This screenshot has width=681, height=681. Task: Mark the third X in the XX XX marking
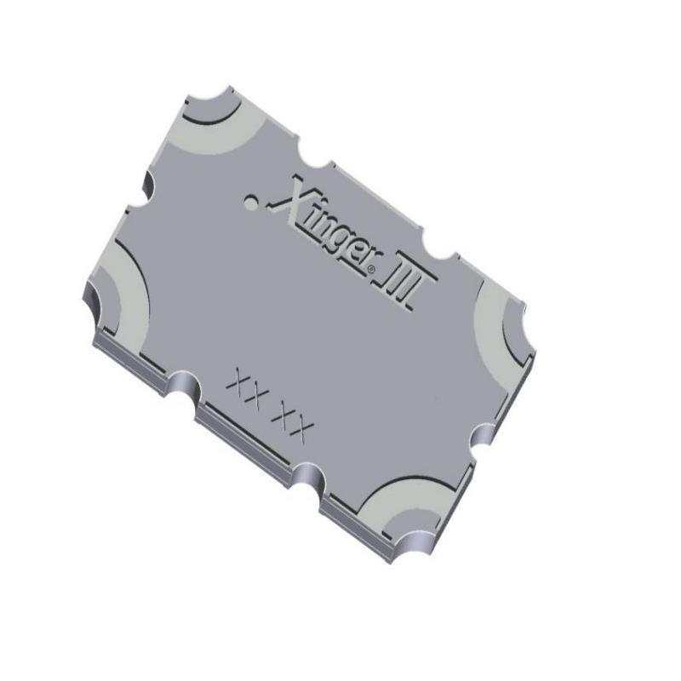coord(278,415)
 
